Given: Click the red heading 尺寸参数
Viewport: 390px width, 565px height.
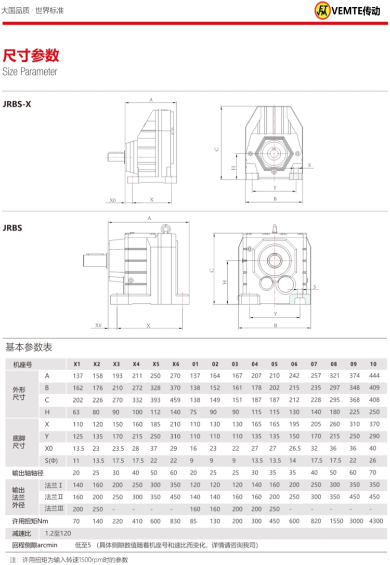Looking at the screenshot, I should (31, 55).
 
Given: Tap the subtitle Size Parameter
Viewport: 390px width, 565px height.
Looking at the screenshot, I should (30, 72).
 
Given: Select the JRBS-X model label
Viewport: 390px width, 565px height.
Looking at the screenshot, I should (17, 103).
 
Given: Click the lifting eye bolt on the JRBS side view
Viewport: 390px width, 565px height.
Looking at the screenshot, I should (166, 228).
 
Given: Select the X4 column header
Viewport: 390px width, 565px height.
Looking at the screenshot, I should (136, 364).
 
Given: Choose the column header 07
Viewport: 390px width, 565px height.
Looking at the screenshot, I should (314, 364).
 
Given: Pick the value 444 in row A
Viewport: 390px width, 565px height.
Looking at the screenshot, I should (373, 375).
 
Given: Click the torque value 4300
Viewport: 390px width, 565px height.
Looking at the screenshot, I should (373, 521).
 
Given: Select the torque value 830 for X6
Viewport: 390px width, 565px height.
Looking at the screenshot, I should (175, 521).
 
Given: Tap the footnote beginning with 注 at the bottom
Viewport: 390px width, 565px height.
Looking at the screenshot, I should (69, 560).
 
